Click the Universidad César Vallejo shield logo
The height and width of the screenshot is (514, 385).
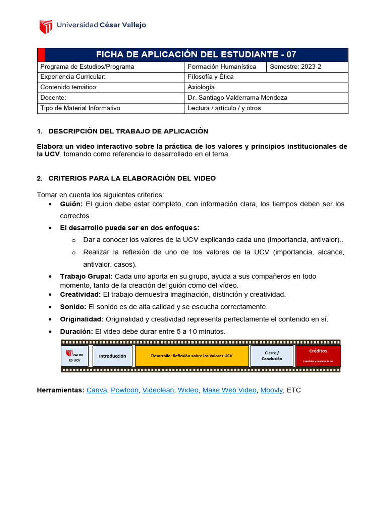point(46,26)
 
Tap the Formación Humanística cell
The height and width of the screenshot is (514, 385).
point(222,67)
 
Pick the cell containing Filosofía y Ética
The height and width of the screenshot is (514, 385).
point(211,77)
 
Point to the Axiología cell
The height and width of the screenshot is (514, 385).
point(201,87)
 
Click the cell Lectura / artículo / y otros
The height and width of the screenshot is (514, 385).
point(224,108)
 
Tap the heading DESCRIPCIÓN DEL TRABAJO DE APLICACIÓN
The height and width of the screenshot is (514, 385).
point(128,131)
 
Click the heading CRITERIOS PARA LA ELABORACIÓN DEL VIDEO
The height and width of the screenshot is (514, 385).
point(132,178)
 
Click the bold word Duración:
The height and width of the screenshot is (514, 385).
point(76,332)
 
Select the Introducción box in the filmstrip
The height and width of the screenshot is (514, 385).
point(112,356)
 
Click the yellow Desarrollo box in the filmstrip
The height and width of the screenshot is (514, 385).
point(191,356)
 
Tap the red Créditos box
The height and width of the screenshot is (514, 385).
point(318,356)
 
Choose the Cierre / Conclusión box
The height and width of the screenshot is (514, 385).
point(272,356)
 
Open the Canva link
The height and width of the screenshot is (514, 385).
point(97,390)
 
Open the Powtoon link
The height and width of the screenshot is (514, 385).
point(124,390)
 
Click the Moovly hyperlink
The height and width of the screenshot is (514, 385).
point(271,390)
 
